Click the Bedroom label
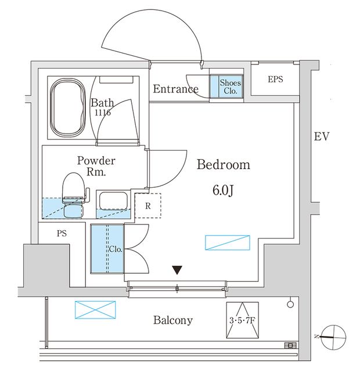point(224,164)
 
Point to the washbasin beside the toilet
point(114,202)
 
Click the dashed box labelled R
point(148,206)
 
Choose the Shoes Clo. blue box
point(230,86)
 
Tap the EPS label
point(275,79)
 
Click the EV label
point(321,137)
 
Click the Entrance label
point(175,89)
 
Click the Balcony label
point(173,320)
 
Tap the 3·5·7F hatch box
point(242,320)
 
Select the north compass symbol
point(333,335)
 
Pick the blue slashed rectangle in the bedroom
point(227,243)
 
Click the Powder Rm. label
point(96,166)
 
